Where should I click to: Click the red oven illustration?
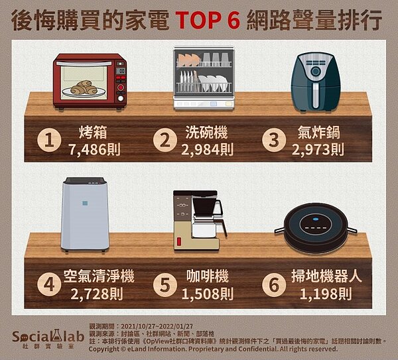point(90,81)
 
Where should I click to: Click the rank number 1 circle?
point(48,140)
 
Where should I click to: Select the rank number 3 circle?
point(274,140)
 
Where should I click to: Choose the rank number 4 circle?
point(48,284)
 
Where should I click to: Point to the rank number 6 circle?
point(274,284)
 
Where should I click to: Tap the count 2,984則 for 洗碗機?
point(208,150)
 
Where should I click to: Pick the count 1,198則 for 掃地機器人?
point(319,294)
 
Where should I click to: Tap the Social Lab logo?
point(41,337)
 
